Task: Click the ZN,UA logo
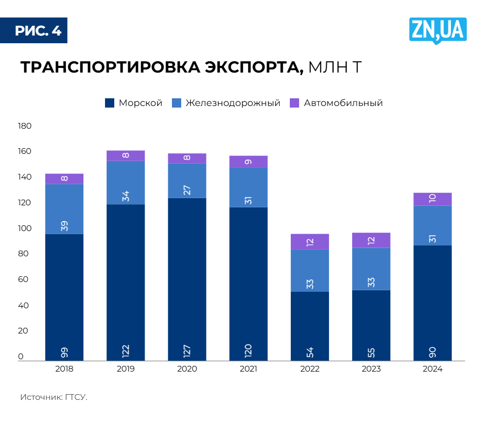coord(438,30)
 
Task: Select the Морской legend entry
coord(133,103)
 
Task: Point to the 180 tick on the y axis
coord(25,126)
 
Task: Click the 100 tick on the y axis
coord(25,228)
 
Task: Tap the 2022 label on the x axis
coord(310,369)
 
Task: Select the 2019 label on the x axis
coord(126,369)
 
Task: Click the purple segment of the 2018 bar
coord(64,179)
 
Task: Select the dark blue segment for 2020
coord(187,278)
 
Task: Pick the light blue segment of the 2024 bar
coord(432,225)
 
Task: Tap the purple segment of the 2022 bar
coord(310,241)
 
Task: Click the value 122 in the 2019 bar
coord(126,351)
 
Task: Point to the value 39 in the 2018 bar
coord(64,226)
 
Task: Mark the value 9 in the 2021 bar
coord(249,162)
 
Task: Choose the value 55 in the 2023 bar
coord(371,353)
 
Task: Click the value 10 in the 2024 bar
coord(432,199)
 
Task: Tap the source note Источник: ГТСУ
coord(54,397)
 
